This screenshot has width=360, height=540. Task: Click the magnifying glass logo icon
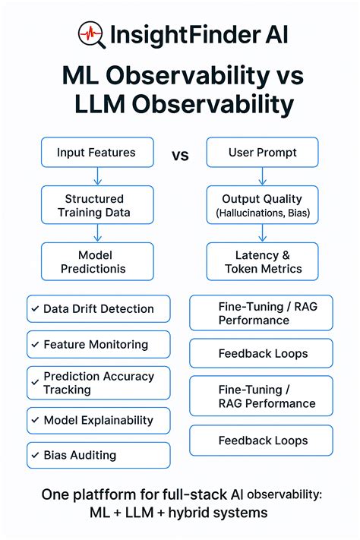[91, 34]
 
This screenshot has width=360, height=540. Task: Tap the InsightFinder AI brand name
[199, 35]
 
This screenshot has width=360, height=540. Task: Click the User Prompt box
[261, 153]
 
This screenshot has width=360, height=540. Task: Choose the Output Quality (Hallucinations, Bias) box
[262, 206]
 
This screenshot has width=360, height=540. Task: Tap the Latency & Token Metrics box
[263, 262]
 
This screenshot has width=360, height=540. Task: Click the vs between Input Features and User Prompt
[180, 156]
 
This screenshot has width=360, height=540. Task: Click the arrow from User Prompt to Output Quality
[262, 177]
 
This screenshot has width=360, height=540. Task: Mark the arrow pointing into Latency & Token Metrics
[263, 234]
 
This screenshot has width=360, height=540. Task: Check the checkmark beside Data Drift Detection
[34, 309]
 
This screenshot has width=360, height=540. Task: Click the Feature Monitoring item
[98, 345]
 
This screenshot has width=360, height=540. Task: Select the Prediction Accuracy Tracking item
[98, 383]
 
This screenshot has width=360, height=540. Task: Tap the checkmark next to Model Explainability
[34, 420]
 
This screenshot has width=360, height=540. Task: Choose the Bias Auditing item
[98, 456]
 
